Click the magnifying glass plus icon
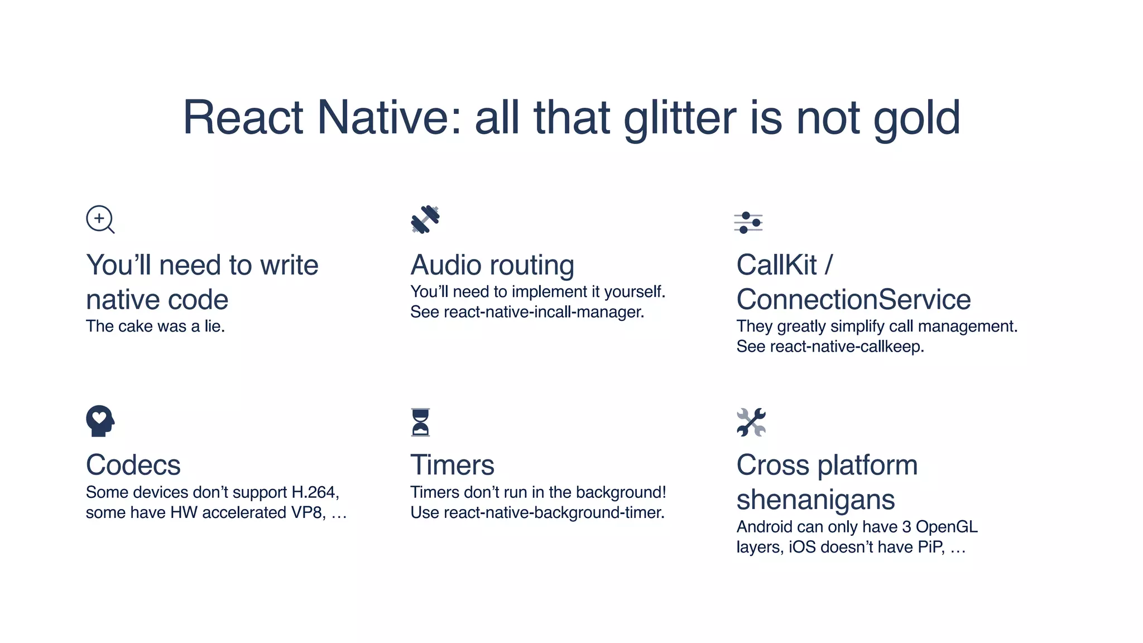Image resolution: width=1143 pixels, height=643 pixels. (x=100, y=219)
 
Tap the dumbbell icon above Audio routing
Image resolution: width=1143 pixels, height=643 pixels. (x=425, y=219)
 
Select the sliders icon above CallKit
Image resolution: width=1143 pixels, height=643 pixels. (x=748, y=223)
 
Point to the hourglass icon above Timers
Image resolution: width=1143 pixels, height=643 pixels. (x=420, y=422)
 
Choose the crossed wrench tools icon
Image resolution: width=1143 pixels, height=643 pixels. (x=751, y=422)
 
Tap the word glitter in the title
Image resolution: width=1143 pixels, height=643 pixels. (x=680, y=118)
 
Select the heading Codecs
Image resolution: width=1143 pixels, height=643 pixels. (x=133, y=465)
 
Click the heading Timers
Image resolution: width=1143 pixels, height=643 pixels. (x=452, y=465)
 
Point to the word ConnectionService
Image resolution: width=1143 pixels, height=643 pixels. (x=853, y=300)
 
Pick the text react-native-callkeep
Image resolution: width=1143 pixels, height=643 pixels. (x=846, y=347)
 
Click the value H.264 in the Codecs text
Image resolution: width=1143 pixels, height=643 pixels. (x=315, y=492)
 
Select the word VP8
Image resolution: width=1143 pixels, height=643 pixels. (x=308, y=512)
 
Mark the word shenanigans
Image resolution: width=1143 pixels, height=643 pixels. (x=815, y=500)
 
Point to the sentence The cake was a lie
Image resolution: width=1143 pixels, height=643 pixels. (x=155, y=327)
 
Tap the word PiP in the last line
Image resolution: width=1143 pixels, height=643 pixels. (x=931, y=547)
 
